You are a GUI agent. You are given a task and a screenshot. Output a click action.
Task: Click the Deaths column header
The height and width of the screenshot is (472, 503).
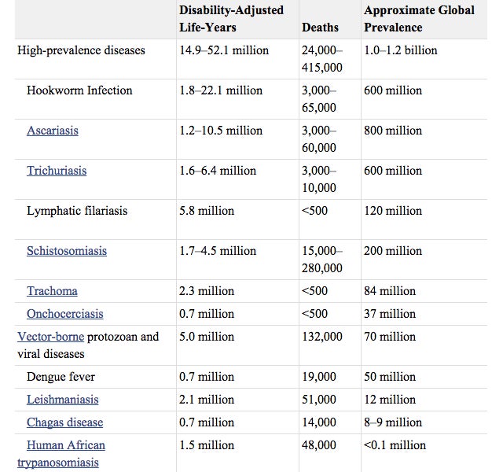pos(320,28)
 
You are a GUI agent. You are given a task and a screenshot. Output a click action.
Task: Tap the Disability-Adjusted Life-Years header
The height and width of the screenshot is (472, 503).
pos(231,19)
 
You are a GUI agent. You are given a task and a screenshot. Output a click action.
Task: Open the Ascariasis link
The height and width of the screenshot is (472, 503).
pos(53,131)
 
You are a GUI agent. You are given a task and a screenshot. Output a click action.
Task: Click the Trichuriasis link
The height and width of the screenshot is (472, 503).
pos(57,171)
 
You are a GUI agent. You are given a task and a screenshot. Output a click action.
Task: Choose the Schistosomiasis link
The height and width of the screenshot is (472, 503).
pos(67,251)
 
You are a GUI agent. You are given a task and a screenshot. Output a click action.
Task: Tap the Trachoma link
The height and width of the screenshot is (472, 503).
pos(52,291)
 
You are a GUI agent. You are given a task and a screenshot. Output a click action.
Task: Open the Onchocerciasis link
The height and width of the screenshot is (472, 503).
pos(64,314)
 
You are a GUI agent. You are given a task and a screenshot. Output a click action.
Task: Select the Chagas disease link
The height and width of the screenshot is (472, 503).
pos(64,422)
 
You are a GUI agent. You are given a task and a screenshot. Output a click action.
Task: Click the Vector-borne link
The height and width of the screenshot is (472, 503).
pos(50,337)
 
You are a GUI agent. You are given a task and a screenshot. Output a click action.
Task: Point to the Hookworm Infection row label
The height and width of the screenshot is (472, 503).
pos(79,90)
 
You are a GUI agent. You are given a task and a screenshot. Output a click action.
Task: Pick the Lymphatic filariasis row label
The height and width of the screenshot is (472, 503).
pos(77,211)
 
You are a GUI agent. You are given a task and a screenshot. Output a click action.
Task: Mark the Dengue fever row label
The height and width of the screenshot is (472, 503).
pos(61,377)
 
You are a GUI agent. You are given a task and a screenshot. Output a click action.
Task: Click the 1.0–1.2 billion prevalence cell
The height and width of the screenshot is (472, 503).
pos(401,50)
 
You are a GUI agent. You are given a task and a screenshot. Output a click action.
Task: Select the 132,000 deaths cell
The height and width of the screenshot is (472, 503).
pos(321,337)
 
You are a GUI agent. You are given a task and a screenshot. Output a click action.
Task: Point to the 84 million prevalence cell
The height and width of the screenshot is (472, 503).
pos(390,291)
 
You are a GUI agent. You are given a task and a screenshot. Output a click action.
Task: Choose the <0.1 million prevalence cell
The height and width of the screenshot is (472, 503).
pos(395,445)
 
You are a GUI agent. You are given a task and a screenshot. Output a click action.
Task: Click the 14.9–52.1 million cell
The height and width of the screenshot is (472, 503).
pos(224,50)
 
